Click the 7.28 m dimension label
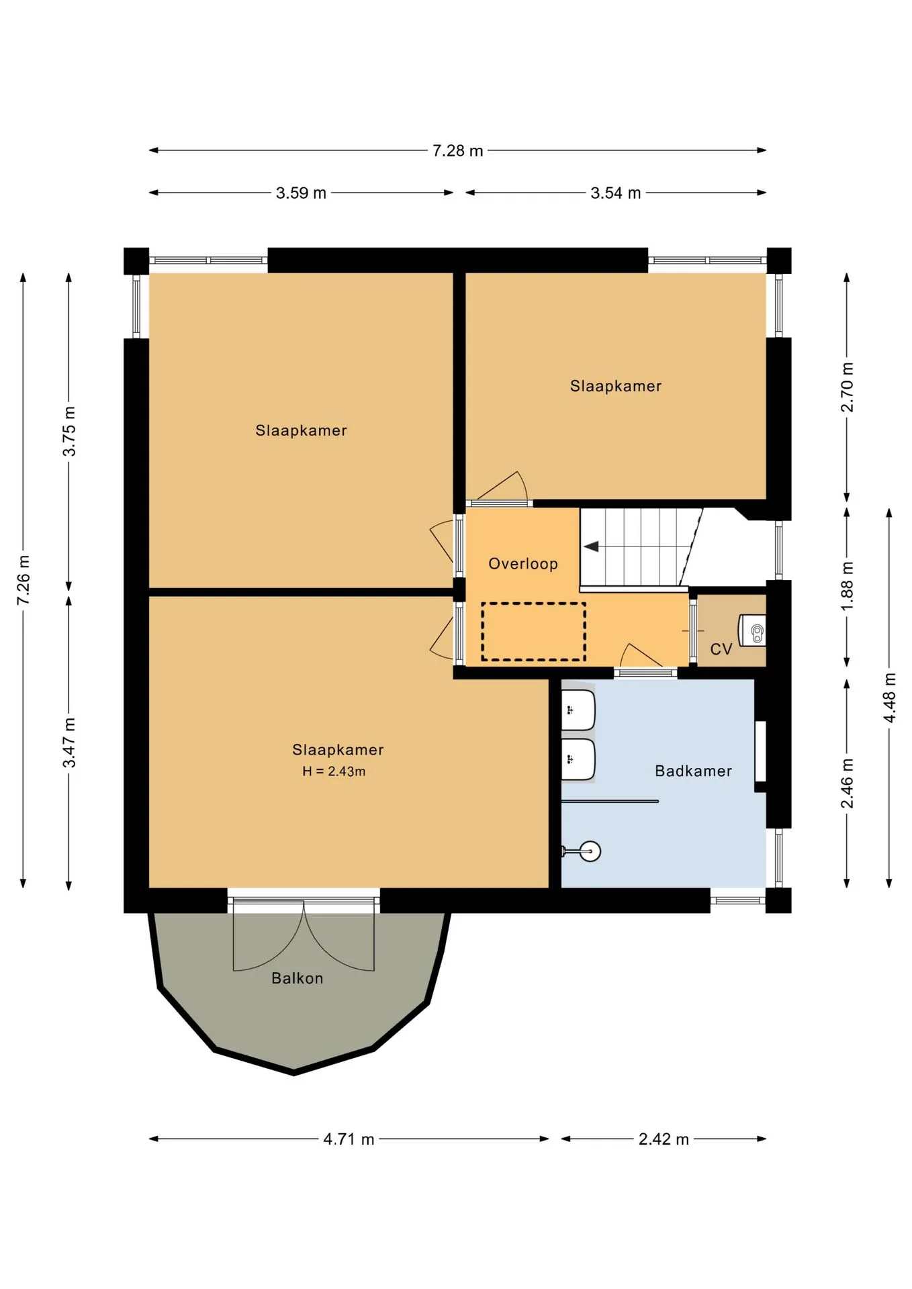[x=457, y=150]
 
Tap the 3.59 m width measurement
[x=301, y=193]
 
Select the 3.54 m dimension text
[x=615, y=193]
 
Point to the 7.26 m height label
[x=24, y=579]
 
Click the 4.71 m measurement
[x=349, y=1139]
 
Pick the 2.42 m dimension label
[x=664, y=1139]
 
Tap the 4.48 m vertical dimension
[x=889, y=698]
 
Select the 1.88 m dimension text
[x=847, y=586]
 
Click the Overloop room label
[x=523, y=564]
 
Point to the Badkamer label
[x=693, y=771]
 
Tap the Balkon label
[x=297, y=978]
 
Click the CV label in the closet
[x=721, y=649]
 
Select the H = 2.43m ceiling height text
[x=334, y=771]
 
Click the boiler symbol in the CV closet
[x=753, y=630]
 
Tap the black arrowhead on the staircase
[x=591, y=546]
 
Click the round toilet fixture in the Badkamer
[x=590, y=851]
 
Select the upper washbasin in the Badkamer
[x=578, y=710]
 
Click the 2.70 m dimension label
[x=847, y=387]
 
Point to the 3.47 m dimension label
[x=69, y=743]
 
